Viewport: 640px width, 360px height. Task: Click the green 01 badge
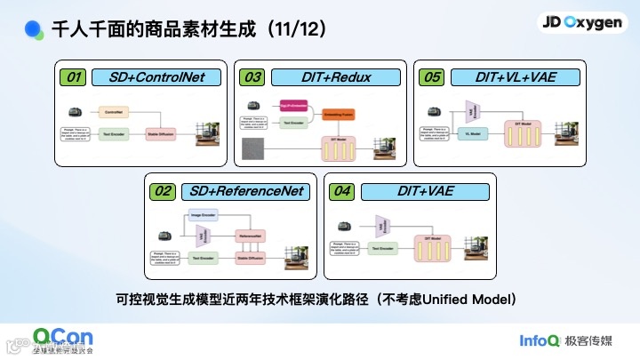click(x=76, y=77)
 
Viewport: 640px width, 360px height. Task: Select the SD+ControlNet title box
click(x=156, y=77)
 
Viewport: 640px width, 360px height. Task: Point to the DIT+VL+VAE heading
click(x=516, y=77)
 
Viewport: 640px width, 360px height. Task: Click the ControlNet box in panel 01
click(x=114, y=113)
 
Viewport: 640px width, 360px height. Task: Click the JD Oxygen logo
click(x=581, y=24)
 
